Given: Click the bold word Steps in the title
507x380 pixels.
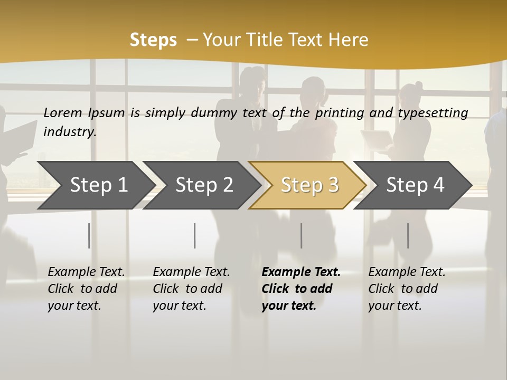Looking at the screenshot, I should (x=153, y=40).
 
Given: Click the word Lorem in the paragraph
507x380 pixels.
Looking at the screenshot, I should (x=63, y=112).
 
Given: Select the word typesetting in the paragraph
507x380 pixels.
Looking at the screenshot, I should (x=433, y=112).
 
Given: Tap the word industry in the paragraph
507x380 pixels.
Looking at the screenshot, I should (x=70, y=131).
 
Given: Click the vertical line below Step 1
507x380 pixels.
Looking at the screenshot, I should (x=89, y=235).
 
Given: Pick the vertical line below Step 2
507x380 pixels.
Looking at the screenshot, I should (x=195, y=235).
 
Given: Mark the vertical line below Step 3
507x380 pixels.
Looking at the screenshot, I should (x=302, y=235).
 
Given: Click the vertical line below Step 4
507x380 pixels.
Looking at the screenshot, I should (x=408, y=235).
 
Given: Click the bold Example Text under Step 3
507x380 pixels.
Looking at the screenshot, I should (x=301, y=272).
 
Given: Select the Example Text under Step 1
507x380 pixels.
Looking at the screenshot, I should (x=86, y=272).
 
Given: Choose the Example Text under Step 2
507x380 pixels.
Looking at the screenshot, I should (x=191, y=272).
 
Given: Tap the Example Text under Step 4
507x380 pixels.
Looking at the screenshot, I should (x=407, y=272).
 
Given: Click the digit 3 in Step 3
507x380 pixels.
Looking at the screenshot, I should (x=333, y=185).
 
